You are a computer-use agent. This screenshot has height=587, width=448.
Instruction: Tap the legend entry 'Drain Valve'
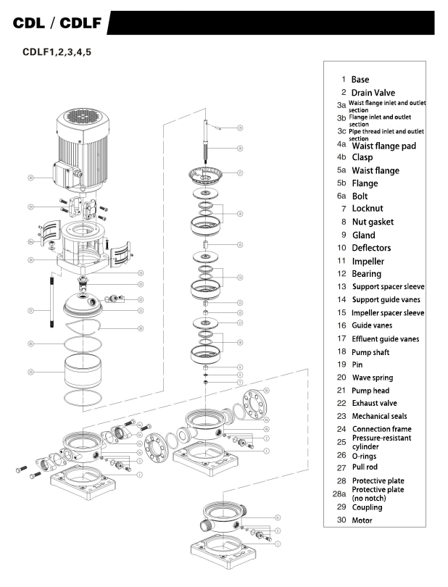(373, 93)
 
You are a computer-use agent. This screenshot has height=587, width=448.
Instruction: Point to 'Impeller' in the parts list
(368, 261)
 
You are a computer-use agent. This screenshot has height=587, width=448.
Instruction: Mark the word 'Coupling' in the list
(367, 507)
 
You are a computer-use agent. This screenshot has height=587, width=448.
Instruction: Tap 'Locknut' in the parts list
(368, 209)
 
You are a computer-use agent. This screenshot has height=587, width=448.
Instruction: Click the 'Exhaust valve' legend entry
(374, 403)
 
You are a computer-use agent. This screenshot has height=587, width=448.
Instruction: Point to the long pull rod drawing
(51, 301)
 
